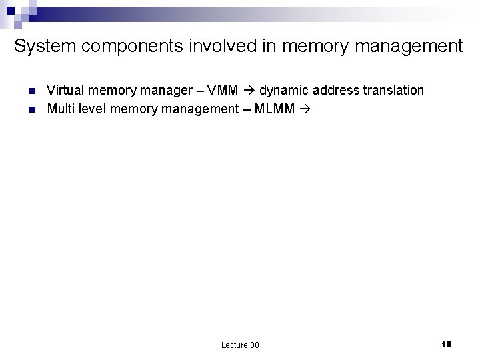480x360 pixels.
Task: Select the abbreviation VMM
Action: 223,90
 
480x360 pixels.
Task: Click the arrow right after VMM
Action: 249,90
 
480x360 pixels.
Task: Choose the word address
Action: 333,90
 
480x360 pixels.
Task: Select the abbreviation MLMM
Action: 274,108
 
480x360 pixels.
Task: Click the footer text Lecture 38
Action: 240,345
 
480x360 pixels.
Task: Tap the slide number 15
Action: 446,344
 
